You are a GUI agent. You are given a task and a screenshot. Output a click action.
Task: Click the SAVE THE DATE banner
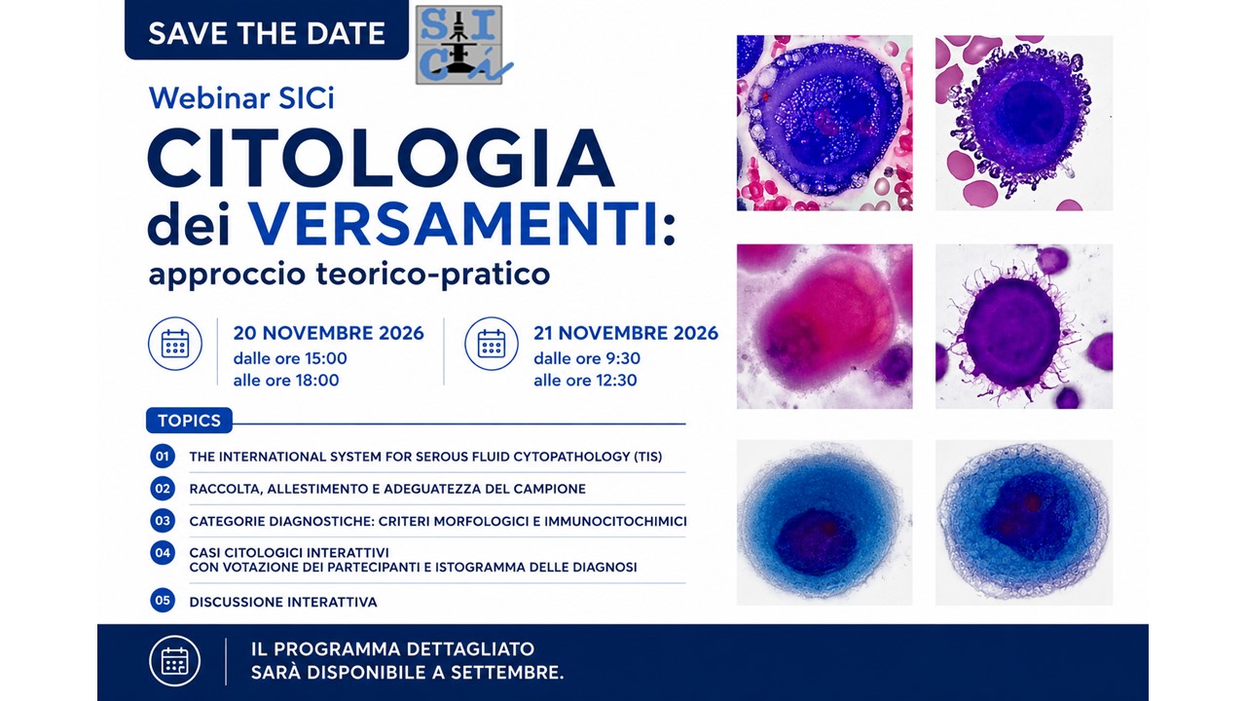[x=267, y=30]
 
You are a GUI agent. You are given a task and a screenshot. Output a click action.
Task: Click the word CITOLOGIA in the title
[x=381, y=159]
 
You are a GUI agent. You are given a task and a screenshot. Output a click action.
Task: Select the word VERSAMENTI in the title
[x=453, y=223]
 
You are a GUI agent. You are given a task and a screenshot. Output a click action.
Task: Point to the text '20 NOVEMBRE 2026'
[x=328, y=333]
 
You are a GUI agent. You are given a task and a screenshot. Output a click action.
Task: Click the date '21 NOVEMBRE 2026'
[x=626, y=333]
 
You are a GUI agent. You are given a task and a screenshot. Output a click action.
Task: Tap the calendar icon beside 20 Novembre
[x=174, y=344]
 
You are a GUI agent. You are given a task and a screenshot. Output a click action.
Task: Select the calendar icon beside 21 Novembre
[x=492, y=344]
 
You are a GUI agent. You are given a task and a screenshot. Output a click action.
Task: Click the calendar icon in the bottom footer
[x=174, y=661]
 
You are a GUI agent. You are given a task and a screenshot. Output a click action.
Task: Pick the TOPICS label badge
[x=189, y=421]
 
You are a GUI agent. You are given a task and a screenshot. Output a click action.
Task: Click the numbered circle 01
[x=163, y=457]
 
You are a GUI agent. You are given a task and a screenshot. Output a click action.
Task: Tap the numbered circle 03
[x=163, y=521]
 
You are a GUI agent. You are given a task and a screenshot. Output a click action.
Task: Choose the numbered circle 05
[x=163, y=601]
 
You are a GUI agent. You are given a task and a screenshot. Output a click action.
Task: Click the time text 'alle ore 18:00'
[x=286, y=381]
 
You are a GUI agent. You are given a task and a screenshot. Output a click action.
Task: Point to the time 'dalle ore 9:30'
[x=587, y=358]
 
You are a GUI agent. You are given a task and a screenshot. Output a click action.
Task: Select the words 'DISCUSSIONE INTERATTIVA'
[x=283, y=602]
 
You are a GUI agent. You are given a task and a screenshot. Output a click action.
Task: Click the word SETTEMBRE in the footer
[x=504, y=673]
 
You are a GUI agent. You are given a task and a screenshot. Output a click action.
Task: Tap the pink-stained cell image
[x=825, y=326]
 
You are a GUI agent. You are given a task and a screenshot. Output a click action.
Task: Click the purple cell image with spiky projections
[x=1024, y=326]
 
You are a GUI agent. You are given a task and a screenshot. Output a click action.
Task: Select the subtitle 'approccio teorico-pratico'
[x=348, y=275]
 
